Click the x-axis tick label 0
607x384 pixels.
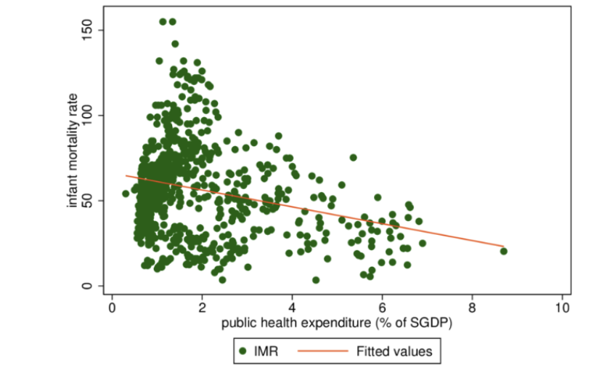pyautogui.click(x=112, y=307)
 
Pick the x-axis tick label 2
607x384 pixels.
pyautogui.click(x=202, y=307)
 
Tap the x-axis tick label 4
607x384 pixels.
pyautogui.click(x=292, y=307)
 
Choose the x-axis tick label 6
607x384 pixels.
pyautogui.click(x=382, y=307)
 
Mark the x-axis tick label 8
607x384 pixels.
pyautogui.click(x=472, y=307)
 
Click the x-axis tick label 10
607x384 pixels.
pyautogui.click(x=562, y=307)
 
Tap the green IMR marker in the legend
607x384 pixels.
pyautogui.click(x=245, y=352)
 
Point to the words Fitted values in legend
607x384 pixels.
pyautogui.click(x=394, y=352)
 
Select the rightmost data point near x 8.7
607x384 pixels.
pyautogui.click(x=503, y=251)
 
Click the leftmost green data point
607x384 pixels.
pyautogui.click(x=126, y=193)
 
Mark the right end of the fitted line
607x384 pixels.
pyautogui.click(x=503, y=247)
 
